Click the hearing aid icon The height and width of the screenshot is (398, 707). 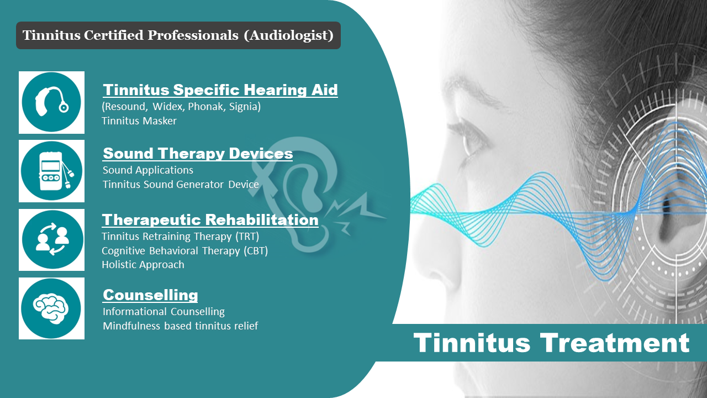pos(51,102)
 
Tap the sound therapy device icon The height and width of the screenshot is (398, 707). pos(51,171)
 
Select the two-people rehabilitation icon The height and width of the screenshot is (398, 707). pos(51,240)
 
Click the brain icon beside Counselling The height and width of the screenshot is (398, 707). pos(51,308)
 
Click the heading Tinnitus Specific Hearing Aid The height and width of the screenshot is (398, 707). pos(220,90)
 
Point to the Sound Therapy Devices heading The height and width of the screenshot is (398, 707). pos(198,153)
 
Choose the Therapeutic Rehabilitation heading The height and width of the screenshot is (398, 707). pos(210,219)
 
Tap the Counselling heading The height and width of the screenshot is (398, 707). pos(150,295)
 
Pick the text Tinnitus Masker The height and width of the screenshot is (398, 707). pos(139,121)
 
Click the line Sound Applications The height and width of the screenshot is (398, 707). pos(148,170)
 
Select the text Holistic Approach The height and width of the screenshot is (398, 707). pos(143,265)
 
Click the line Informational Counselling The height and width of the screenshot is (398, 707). pos(163,312)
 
